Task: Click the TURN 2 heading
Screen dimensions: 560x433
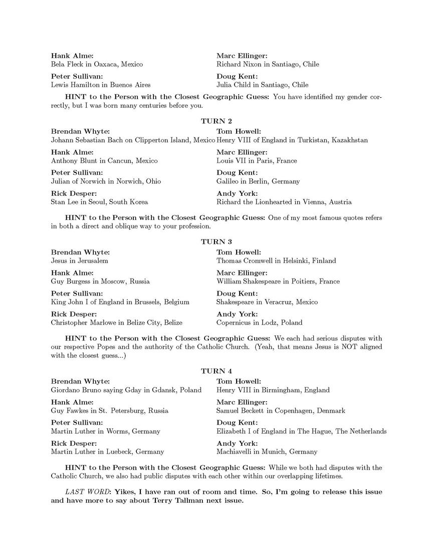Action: pos(216,121)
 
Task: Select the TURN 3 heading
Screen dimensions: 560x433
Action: pos(216,241)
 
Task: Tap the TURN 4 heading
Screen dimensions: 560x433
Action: pos(216,371)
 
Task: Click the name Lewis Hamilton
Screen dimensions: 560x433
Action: pos(74,85)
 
